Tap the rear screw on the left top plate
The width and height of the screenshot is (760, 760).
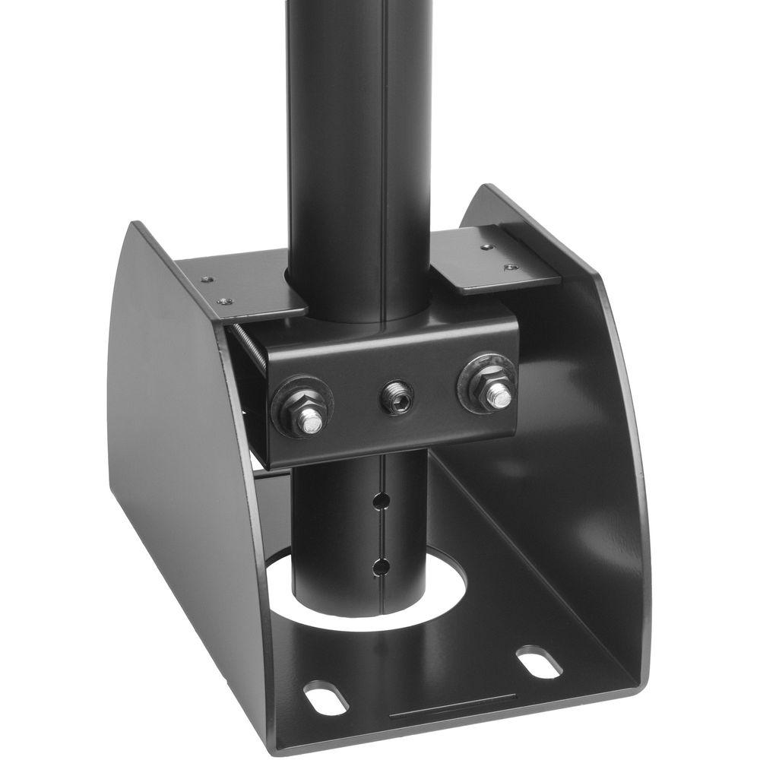point(205,279)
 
